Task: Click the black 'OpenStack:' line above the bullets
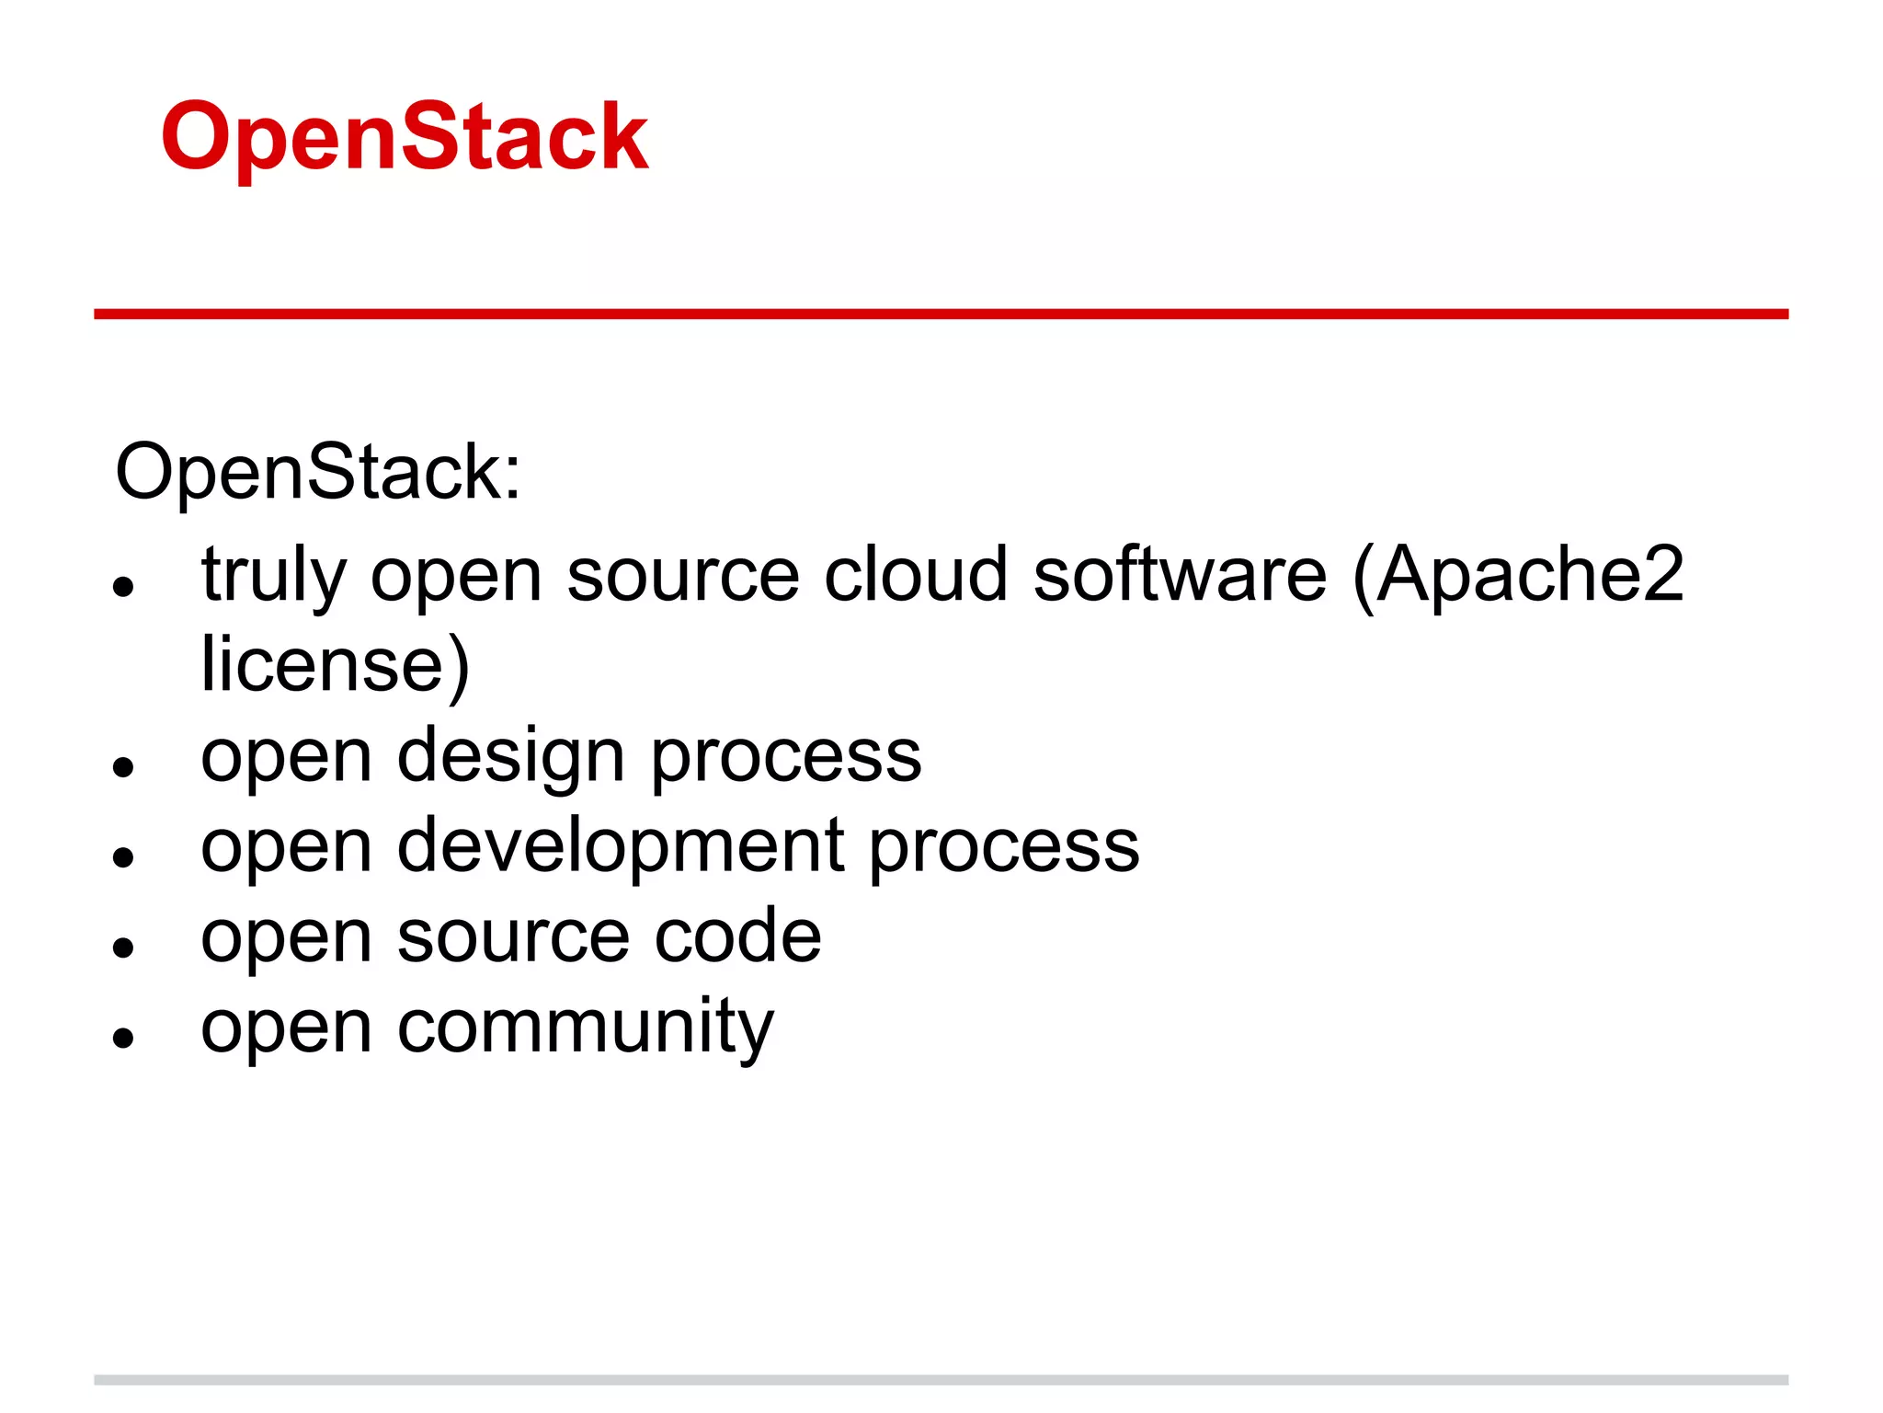(318, 472)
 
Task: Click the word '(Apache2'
(1519, 576)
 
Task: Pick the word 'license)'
(336, 664)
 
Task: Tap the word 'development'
(621, 846)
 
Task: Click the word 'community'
(586, 1027)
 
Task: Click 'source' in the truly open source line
(683, 576)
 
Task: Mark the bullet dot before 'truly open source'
(124, 586)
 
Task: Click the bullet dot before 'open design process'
(124, 766)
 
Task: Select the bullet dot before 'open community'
(124, 1037)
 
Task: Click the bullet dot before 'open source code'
(124, 947)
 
